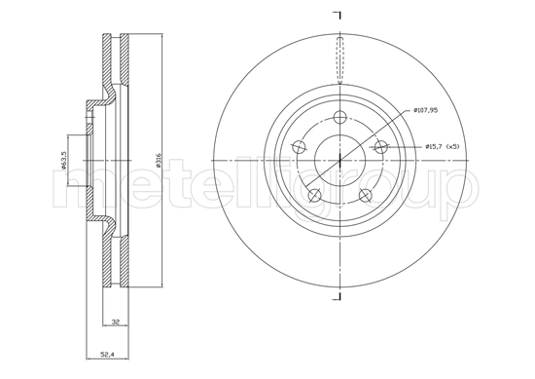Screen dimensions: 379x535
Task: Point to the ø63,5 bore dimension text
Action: pyautogui.click(x=63, y=160)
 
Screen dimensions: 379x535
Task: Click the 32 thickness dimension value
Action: pyautogui.click(x=114, y=322)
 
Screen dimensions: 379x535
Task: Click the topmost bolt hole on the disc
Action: pyautogui.click(x=339, y=119)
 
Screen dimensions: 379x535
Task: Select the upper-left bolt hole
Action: pyautogui.click(x=299, y=148)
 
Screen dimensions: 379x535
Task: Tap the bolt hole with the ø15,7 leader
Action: pyautogui.click(x=380, y=147)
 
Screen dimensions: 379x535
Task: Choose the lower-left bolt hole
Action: pyautogui.click(x=314, y=196)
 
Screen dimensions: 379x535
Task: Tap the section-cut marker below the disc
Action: pyautogui.click(x=338, y=295)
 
